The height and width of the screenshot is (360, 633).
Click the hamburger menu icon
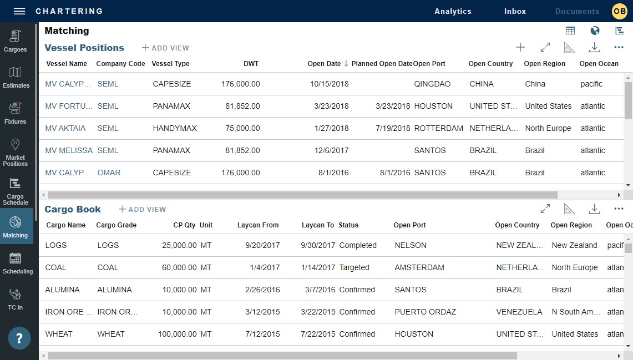[19, 11]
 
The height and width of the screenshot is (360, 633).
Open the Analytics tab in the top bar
[453, 11]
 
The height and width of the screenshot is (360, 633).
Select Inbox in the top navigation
[515, 11]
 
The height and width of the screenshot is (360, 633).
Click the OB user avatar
[619, 11]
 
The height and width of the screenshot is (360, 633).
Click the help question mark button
[19, 338]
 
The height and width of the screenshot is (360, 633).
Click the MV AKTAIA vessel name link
[65, 128]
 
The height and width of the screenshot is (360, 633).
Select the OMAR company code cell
[109, 173]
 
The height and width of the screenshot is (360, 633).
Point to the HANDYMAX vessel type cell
[175, 128]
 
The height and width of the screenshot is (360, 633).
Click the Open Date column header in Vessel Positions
[324, 64]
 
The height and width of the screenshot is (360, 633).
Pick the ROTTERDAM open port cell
[438, 128]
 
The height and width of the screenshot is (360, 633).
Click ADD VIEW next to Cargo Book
[143, 210]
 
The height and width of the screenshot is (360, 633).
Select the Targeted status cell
[354, 267]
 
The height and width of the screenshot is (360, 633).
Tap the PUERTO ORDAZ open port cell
[425, 312]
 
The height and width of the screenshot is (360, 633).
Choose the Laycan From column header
[258, 225]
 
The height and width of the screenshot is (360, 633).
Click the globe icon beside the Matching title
[595, 31]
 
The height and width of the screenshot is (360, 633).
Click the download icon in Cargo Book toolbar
[594, 209]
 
